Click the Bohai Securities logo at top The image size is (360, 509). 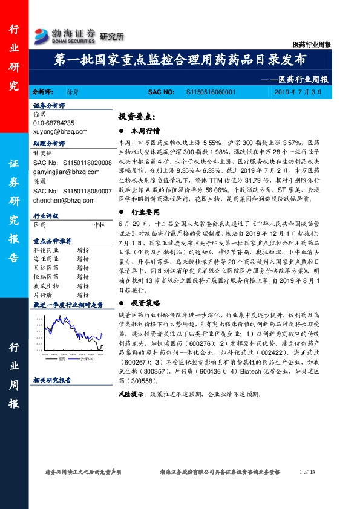(65, 34)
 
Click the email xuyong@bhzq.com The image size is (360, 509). (61, 131)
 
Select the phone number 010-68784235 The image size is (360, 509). (54, 123)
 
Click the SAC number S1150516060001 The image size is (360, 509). (211, 92)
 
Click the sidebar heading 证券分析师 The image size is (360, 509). (50, 105)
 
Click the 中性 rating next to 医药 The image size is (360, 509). (100, 224)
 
